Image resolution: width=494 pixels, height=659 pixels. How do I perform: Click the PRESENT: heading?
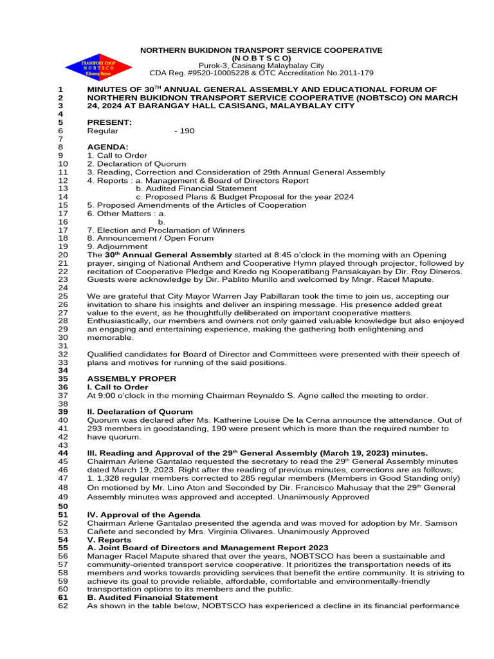tap(109, 122)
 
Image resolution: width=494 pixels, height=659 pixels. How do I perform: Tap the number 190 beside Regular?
tap(185, 131)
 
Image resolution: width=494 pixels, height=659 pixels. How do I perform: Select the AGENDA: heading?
tap(107, 147)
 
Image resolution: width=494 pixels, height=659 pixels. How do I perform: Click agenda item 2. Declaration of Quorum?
tap(136, 164)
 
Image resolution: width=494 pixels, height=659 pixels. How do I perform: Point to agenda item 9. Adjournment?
tap(117, 246)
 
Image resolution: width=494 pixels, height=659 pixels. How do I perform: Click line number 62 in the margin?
tap(62, 606)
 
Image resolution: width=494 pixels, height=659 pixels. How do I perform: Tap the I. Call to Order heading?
tap(118, 387)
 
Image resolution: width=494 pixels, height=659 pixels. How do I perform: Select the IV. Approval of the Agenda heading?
tap(143, 515)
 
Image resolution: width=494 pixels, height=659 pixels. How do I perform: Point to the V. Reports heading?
tap(109, 539)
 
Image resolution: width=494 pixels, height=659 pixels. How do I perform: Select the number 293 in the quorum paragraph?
tap(95, 429)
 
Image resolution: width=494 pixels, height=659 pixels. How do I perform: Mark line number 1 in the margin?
tap(60, 89)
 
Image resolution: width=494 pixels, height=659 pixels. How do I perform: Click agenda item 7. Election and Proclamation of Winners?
tap(166, 230)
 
